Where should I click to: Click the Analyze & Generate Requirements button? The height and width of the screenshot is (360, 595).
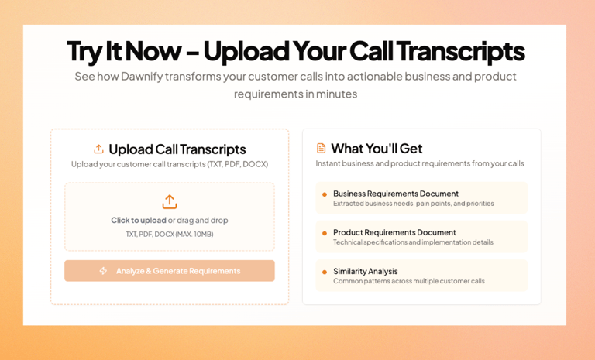169,271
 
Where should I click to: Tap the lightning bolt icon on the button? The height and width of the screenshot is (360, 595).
103,271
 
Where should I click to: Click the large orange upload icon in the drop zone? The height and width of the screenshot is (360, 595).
170,202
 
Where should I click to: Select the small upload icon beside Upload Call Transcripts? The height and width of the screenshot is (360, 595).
98,149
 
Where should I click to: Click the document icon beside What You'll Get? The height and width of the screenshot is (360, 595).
321,149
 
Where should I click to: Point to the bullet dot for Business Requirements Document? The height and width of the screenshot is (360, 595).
325,194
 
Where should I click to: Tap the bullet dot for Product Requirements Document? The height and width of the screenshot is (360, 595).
325,233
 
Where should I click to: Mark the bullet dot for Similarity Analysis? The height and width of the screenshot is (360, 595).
325,272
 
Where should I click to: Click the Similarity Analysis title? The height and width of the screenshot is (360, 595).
366,271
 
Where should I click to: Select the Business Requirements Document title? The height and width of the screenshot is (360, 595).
396,194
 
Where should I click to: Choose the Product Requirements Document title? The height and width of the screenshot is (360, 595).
394,232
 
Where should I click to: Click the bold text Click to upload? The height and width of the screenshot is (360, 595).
139,221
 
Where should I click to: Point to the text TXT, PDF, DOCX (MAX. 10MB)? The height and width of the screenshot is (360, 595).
170,235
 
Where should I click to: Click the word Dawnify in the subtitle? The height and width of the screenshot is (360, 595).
142,77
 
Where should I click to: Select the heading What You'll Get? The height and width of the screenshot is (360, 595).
377,149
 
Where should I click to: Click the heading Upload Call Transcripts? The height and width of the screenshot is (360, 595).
177,149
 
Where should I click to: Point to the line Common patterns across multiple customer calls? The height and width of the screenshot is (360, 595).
409,281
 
